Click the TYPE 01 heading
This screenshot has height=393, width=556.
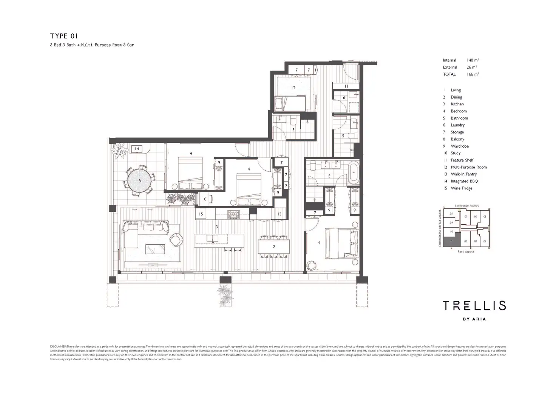pos(64,36)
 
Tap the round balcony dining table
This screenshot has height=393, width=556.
pos(139,181)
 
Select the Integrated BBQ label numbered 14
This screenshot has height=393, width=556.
pos(137,149)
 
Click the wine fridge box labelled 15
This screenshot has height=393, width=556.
pos(201,214)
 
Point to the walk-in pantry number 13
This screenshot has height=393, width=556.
pos(279,214)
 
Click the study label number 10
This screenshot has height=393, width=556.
pos(204,199)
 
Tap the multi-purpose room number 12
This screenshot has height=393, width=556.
pos(293,88)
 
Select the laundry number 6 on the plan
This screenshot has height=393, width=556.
pos(344,98)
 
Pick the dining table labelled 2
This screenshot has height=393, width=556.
pos(274,247)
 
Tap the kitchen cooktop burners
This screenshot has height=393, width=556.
pos(233,214)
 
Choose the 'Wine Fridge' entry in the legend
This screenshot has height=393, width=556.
pos(461,188)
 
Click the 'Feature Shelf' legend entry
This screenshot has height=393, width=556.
pos(462,160)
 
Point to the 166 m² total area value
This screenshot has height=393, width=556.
pos(473,74)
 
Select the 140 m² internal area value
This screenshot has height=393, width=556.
pos(473,60)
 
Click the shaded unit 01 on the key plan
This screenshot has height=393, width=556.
pos(452,242)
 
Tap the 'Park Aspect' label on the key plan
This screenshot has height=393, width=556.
pos(466,252)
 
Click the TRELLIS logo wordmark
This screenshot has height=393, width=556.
pos(474,305)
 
